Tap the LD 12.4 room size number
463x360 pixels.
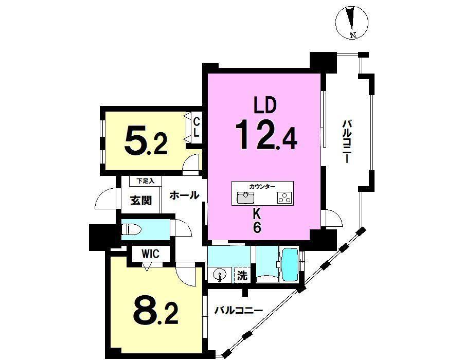[x=266, y=135]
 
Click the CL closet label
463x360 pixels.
[x=196, y=127]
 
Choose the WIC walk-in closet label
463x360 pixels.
[x=150, y=254]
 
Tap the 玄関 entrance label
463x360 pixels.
[x=141, y=201]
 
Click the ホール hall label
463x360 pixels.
[x=185, y=195]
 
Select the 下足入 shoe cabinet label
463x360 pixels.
[x=145, y=181]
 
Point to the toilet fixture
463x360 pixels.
[x=132, y=229]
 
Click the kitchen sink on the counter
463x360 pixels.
[x=245, y=197]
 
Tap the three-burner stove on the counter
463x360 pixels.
[x=284, y=197]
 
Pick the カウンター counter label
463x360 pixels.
[x=262, y=187]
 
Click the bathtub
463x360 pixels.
[x=291, y=265]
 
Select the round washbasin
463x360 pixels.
[x=220, y=275]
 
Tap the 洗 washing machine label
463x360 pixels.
[x=242, y=276]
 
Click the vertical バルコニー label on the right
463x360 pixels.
[x=346, y=141]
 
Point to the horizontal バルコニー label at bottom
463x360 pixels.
[x=239, y=311]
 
